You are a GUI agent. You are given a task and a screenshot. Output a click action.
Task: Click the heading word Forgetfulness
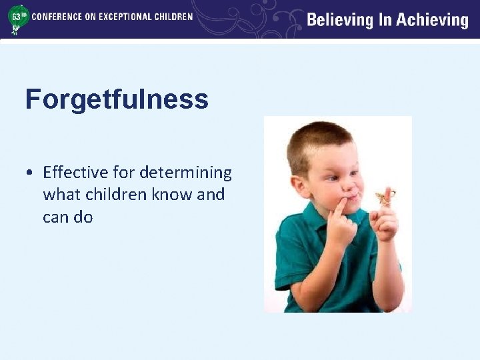pos(117,100)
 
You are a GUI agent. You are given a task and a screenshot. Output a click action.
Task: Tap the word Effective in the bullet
pos(71,173)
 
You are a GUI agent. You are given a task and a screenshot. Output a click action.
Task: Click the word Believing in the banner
pos(339,20)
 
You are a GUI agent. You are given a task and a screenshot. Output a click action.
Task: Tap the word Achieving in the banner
pos(433,20)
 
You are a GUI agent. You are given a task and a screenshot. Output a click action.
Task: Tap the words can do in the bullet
pos(67,217)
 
